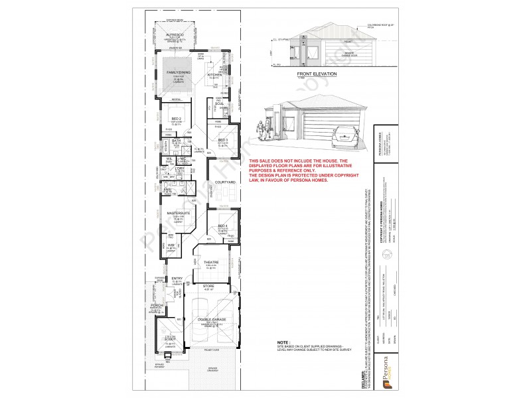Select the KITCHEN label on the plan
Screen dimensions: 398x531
[214, 75]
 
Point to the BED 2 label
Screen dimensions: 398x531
[177, 119]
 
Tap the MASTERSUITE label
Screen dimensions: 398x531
[179, 213]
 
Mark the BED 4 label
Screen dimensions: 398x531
[223, 226]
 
